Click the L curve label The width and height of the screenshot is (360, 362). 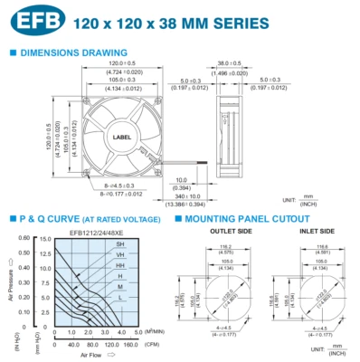(120, 298)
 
